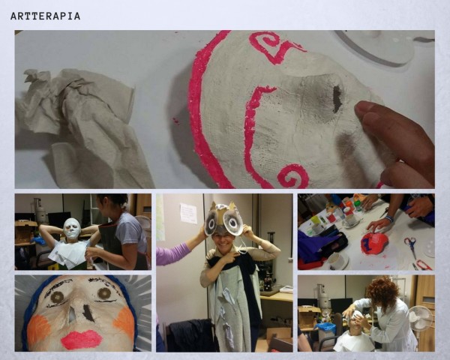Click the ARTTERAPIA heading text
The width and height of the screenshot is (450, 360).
point(45,16)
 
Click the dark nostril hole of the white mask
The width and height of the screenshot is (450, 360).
point(337,99)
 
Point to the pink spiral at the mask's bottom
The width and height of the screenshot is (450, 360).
point(293,175)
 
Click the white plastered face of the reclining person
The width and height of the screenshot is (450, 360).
point(72,228)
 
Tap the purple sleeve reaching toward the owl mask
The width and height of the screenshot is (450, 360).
point(172,253)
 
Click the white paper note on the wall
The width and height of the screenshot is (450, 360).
point(188,213)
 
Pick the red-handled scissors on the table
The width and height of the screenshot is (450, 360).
point(411,246)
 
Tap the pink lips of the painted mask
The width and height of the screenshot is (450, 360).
point(82,340)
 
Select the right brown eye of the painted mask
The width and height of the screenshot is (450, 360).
point(104,294)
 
